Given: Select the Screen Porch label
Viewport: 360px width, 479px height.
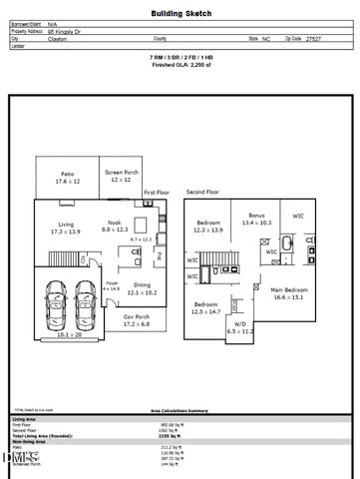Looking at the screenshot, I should (121, 176).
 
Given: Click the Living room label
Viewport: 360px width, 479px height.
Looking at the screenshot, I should (67, 228).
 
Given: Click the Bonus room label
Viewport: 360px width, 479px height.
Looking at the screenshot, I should (257, 219).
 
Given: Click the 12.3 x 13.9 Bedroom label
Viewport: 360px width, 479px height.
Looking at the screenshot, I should (208, 226).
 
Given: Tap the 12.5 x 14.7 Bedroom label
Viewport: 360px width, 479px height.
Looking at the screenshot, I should (206, 307).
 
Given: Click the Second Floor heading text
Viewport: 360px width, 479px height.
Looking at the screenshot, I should (201, 191).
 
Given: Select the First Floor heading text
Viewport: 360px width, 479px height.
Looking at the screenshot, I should (157, 191).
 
